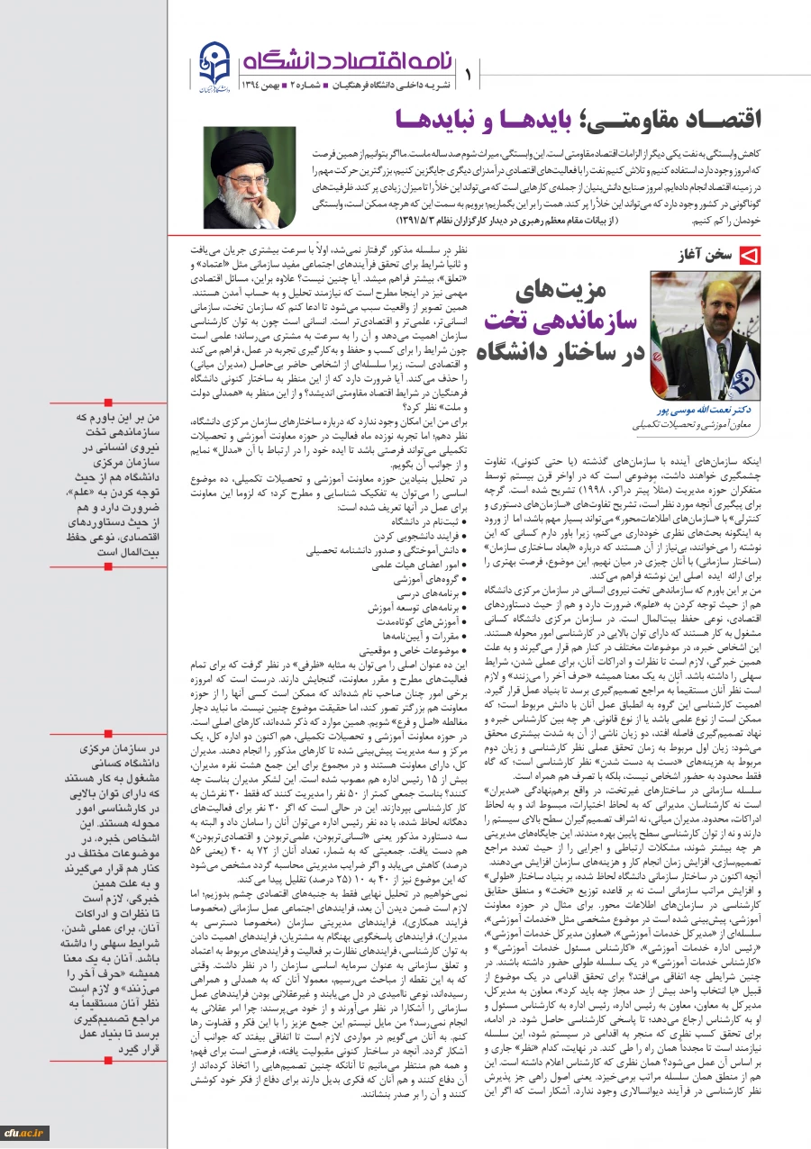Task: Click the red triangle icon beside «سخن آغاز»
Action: [x=747, y=256]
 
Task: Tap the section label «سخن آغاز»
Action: [x=707, y=256]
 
